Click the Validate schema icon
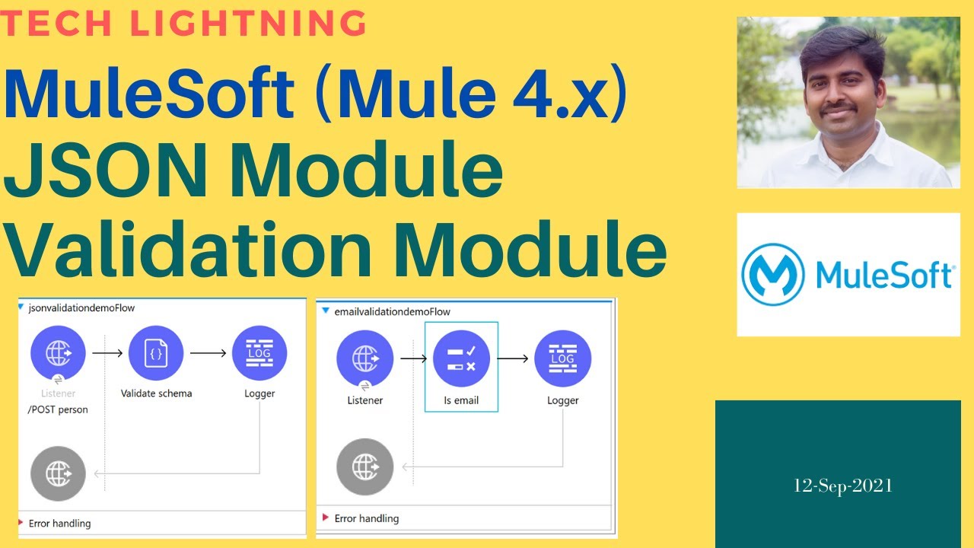156,353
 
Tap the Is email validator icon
461,359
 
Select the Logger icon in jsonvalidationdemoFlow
259,353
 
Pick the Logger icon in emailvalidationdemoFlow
562,359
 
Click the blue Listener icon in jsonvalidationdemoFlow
59,353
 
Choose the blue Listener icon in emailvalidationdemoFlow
364,359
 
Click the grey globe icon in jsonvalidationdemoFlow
59,473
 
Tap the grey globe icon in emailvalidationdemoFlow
364,467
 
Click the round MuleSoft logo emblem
772,274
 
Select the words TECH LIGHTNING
184,24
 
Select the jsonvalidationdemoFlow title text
81,308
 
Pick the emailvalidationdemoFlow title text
392,312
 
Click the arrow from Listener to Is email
413,359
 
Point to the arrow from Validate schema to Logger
208,353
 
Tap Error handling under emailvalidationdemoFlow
367,518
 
